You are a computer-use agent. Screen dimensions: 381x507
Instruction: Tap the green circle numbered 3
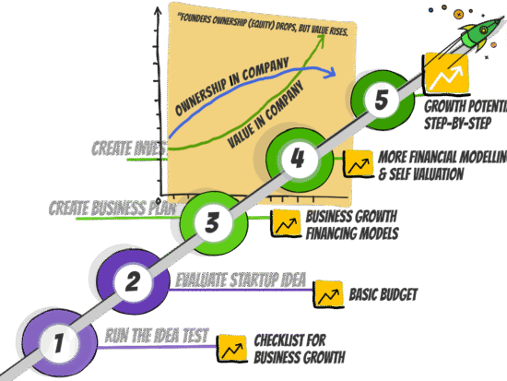pyautogui.click(x=213, y=221)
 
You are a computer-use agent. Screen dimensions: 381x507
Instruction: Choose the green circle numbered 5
pyautogui.click(x=382, y=99)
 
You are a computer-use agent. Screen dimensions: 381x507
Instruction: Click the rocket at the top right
pyautogui.click(x=475, y=34)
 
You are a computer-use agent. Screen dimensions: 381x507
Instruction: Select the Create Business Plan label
pyautogui.click(x=111, y=208)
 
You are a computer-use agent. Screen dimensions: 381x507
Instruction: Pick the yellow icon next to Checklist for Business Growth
pyautogui.click(x=231, y=348)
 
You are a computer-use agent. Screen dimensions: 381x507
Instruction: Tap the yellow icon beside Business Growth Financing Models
pyautogui.click(x=285, y=222)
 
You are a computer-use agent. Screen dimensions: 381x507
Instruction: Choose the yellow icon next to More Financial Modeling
pyautogui.click(x=358, y=164)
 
